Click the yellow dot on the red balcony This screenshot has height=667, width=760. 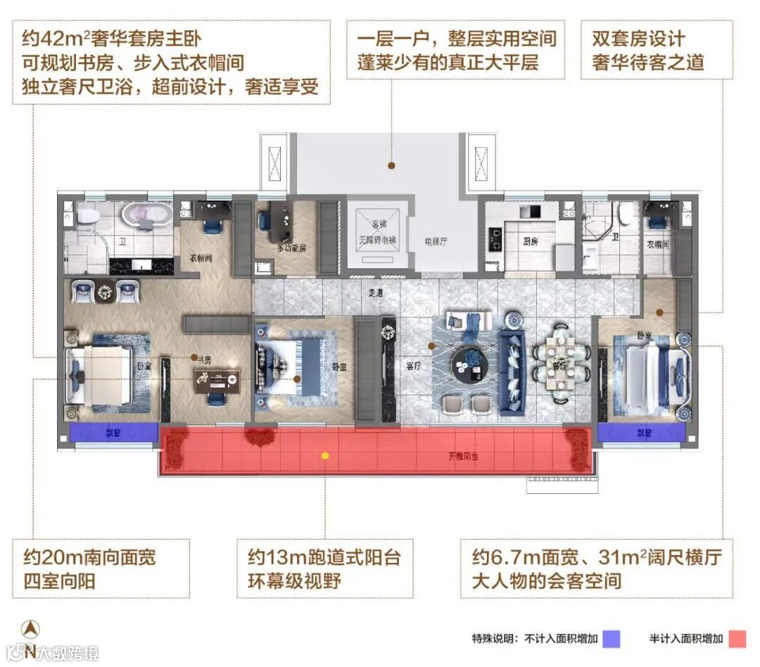pyautogui.click(x=324, y=455)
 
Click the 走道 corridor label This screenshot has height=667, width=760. pyautogui.click(x=376, y=293)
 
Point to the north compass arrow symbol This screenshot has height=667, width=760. pyautogui.click(x=30, y=630)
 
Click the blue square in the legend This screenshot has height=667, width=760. pyautogui.click(x=612, y=638)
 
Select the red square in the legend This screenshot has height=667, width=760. pyautogui.click(x=736, y=638)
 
